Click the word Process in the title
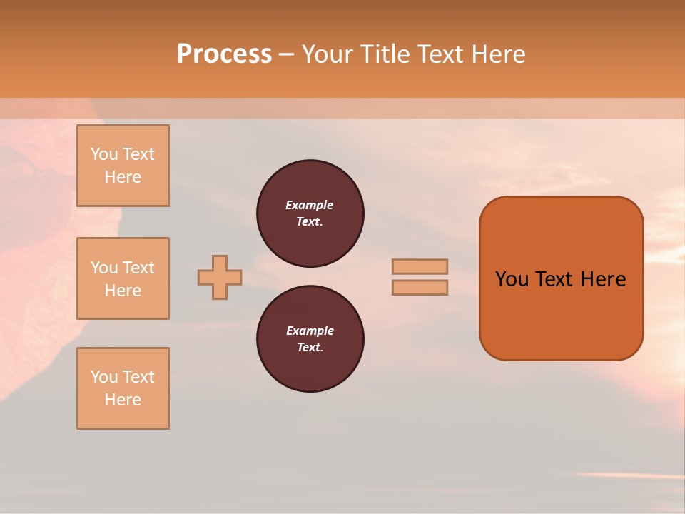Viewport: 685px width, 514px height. click(224, 54)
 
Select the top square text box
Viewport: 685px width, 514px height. click(123, 166)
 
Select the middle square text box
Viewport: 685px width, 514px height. click(123, 278)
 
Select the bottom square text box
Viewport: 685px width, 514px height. click(123, 388)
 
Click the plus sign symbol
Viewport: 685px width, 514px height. click(220, 277)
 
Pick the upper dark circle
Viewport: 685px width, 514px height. click(310, 213)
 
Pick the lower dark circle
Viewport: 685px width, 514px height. click(310, 339)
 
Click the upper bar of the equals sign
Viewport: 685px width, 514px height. click(420, 266)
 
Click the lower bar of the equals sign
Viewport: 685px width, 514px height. click(420, 288)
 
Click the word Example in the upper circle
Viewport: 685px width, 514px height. click(310, 205)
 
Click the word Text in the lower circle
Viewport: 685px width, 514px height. click(309, 348)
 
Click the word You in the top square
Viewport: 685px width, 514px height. click(104, 154)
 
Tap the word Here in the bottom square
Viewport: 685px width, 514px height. click(123, 400)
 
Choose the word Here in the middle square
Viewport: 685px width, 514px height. click(123, 291)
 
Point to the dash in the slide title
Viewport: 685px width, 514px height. click(287, 54)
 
